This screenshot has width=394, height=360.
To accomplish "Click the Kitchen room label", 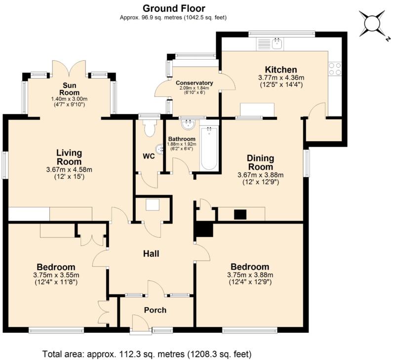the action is pyautogui.click(x=281, y=70).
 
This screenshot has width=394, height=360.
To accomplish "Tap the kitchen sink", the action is pyautogui.click(x=277, y=43).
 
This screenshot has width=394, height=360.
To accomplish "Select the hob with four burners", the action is pyautogui.click(x=335, y=69).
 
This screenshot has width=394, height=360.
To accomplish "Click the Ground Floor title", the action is pyautogui.click(x=174, y=8).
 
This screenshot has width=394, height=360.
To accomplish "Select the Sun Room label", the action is pyautogui.click(x=69, y=89).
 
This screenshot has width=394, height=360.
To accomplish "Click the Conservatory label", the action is pyautogui.click(x=195, y=83).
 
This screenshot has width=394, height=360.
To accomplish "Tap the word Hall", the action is pyautogui.click(x=151, y=254).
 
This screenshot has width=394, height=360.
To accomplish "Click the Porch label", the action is pyautogui.click(x=155, y=310).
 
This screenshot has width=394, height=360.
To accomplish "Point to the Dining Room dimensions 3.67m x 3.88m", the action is pyautogui.click(x=261, y=175).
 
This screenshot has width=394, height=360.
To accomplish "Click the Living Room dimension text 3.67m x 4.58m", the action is pyautogui.click(x=69, y=170).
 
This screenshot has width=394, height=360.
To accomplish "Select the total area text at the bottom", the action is pyautogui.click(x=147, y=354).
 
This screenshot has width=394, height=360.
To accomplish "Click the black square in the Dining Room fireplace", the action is pyautogui.click(x=240, y=214).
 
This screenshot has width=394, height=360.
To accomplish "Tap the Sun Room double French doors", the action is pyautogui.click(x=69, y=68).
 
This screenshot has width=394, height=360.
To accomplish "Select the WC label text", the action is pyautogui.click(x=149, y=157).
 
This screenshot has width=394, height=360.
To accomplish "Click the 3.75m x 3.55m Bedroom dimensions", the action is pyautogui.click(x=56, y=275).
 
